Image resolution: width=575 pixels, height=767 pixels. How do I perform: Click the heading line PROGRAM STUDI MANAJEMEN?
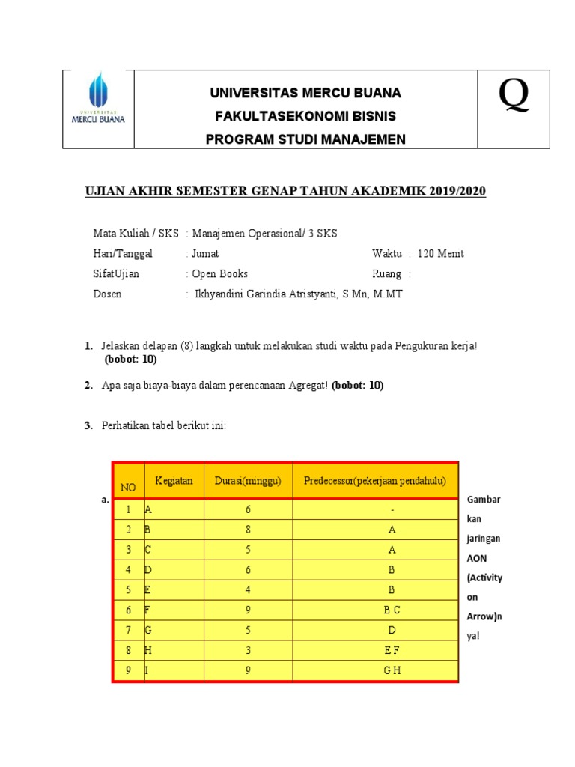click(306, 139)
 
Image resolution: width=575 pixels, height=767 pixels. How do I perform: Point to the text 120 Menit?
click(440, 253)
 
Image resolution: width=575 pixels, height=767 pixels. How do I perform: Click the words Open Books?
click(219, 273)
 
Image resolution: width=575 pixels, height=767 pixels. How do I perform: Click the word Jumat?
click(205, 253)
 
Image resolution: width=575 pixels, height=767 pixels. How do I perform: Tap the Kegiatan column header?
click(174, 480)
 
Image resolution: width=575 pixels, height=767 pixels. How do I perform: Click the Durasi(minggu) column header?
click(248, 480)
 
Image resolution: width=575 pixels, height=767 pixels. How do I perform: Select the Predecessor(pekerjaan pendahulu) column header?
click(375, 480)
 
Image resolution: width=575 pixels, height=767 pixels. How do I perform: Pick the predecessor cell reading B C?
click(392, 610)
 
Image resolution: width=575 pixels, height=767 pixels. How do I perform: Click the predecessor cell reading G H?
click(392, 670)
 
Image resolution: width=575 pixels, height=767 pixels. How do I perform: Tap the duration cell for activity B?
click(248, 530)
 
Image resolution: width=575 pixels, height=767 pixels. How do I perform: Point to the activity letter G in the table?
click(148, 631)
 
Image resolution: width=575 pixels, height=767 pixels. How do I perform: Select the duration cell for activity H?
click(248, 650)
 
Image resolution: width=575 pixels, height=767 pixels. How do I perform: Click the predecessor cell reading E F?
click(392, 650)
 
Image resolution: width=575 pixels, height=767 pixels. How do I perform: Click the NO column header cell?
click(128, 488)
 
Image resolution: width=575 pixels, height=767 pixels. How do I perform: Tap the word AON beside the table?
click(476, 558)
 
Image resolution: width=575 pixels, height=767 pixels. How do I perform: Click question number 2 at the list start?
click(88, 386)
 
